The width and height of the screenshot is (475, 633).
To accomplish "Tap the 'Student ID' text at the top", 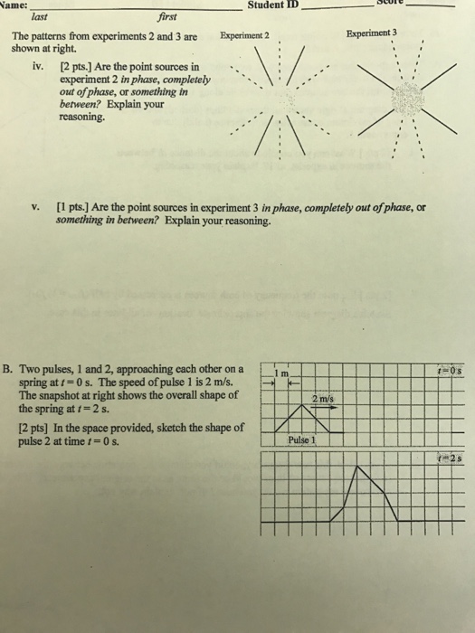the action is point(275,5).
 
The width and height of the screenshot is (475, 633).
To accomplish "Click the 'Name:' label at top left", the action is point(14,5).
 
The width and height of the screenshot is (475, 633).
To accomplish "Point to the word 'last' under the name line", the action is point(40,16).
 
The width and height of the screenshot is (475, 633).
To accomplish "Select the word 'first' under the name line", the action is point(168,16).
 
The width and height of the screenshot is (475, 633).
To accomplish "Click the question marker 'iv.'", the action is point(37,67).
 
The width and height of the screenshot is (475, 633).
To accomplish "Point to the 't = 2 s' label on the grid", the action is point(448,458).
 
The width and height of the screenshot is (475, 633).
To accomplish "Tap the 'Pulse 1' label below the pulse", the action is point(300,439).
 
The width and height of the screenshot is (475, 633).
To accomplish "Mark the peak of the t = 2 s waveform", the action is point(358,467).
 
